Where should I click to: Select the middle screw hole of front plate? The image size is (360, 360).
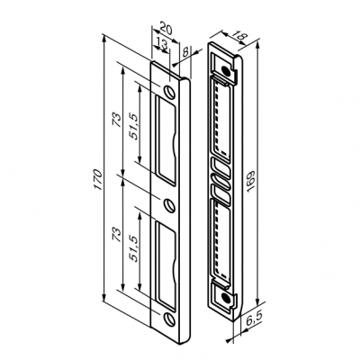[168, 202]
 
